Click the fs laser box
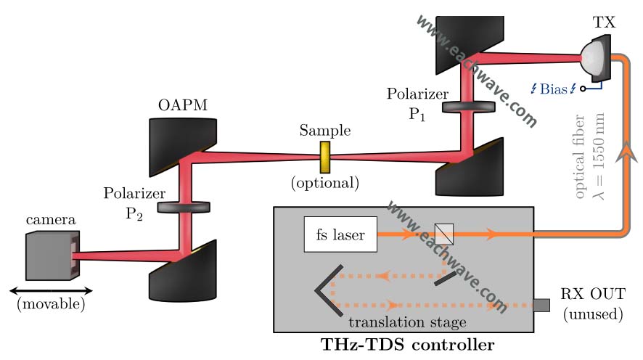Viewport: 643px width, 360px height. click(x=340, y=234)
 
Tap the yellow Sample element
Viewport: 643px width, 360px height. click(x=325, y=157)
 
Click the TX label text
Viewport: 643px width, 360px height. click(x=604, y=22)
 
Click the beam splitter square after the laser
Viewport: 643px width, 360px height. click(x=443, y=234)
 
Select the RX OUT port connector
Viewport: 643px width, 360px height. click(x=541, y=306)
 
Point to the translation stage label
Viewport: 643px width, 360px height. click(x=407, y=322)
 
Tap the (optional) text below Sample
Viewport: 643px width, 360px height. click(x=325, y=183)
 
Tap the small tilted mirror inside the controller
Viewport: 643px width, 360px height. click(x=445, y=279)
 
